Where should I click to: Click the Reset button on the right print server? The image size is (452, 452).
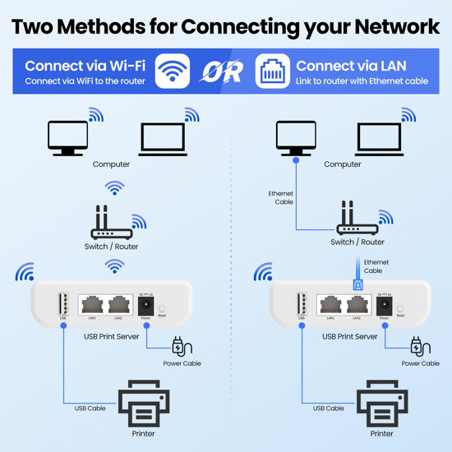pyautogui.click(x=400, y=311)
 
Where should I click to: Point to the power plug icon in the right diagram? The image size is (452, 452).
pyautogui.click(x=419, y=346)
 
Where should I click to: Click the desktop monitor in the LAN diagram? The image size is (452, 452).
pyautogui.click(x=296, y=138)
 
